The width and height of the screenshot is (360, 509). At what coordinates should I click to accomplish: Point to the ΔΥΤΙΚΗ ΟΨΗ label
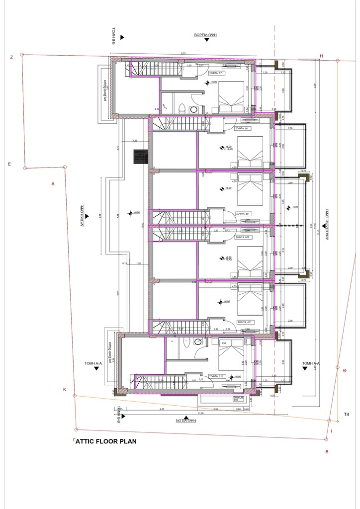(x=80, y=216)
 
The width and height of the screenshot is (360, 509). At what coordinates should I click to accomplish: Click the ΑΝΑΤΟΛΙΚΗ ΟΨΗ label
(x=328, y=224)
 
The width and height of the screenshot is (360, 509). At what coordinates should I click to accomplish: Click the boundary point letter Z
(x=11, y=57)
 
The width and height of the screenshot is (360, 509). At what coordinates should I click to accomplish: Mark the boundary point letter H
(x=322, y=56)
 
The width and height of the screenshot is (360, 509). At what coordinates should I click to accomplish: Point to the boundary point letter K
(x=64, y=389)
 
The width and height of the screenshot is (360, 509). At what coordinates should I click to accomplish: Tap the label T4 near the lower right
(x=347, y=414)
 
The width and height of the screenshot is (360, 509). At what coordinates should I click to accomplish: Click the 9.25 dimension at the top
(x=183, y=53)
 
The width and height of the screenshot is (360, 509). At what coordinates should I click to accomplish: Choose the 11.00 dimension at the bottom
(x=201, y=414)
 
